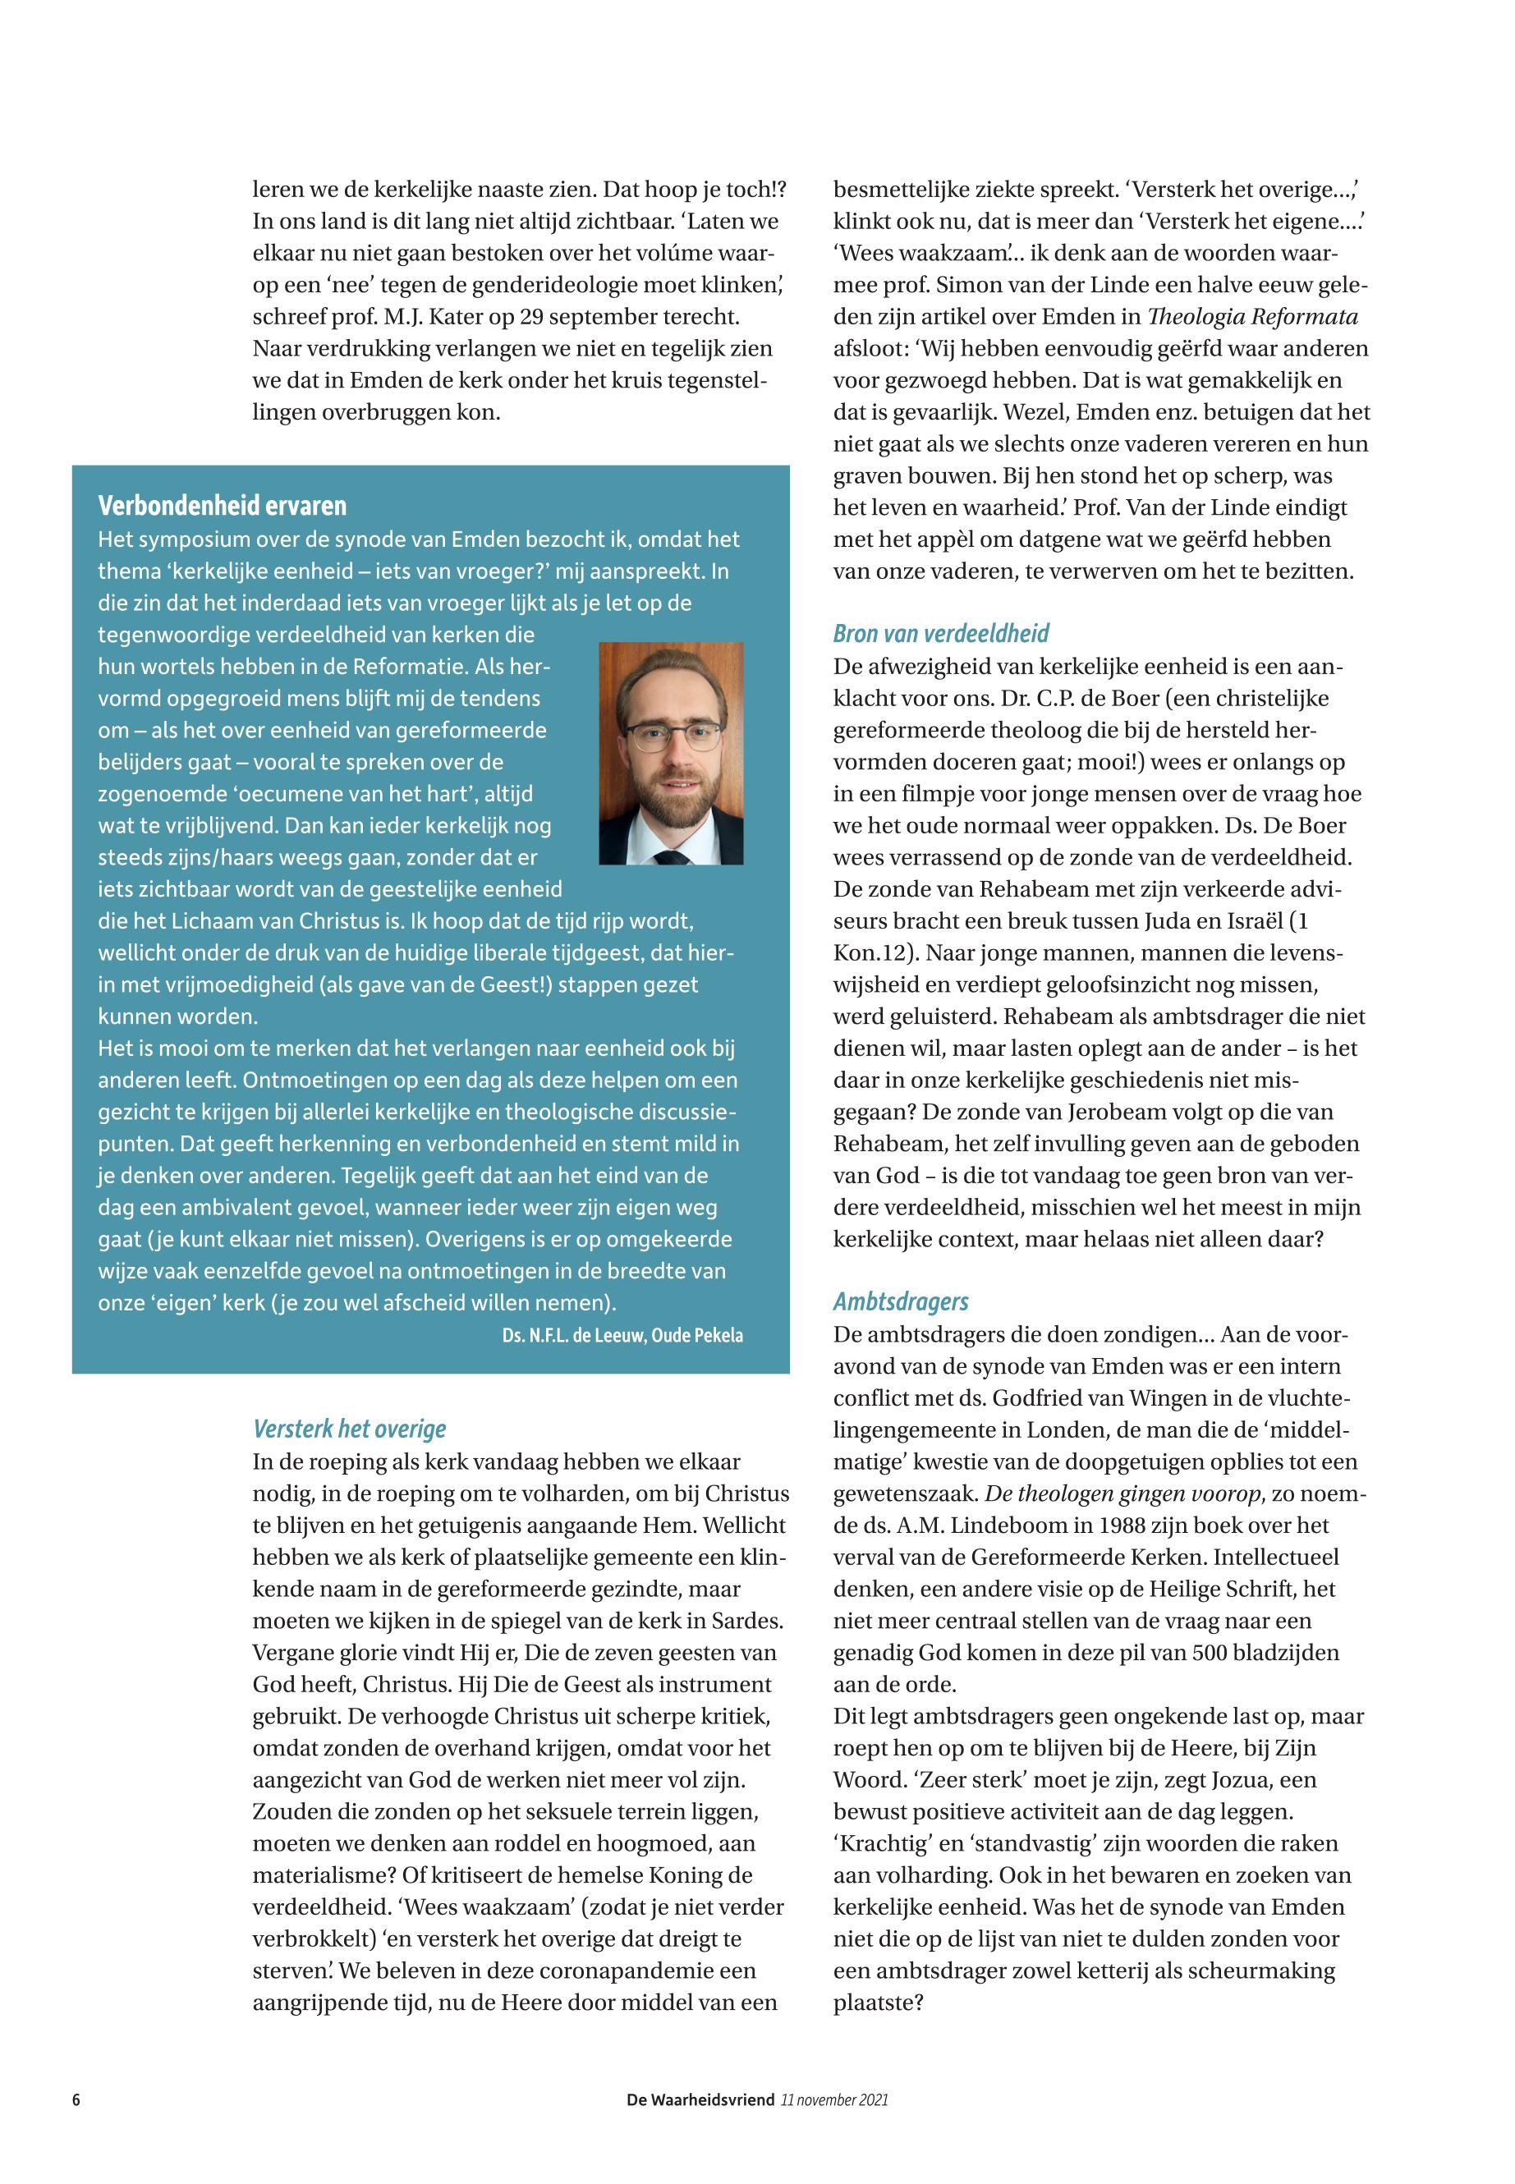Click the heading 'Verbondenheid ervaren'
point(223,506)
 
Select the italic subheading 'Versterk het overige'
point(349,1429)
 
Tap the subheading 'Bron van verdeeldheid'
point(941,633)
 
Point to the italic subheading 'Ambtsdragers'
point(901,1301)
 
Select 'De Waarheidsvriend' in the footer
point(700,2099)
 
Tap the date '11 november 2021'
point(834,2099)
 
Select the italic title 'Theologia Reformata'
point(1253,317)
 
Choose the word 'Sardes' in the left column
point(751,1620)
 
